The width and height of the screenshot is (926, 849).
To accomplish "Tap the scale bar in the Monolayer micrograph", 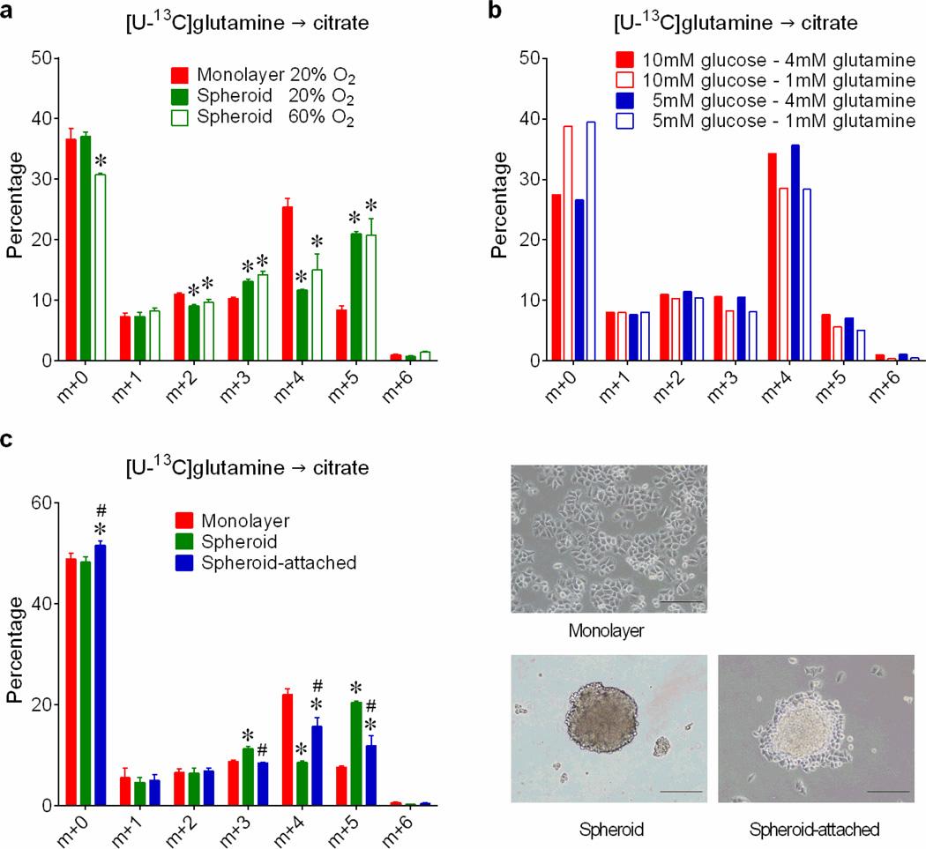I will (679, 602).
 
